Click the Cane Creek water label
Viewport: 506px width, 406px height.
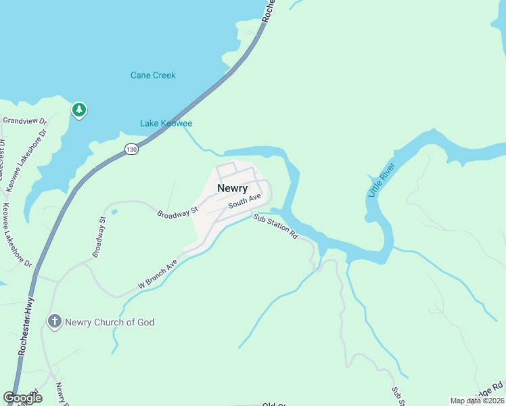[x=153, y=75]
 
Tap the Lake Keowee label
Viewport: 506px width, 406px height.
[x=166, y=123]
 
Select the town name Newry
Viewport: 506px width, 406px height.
[x=232, y=188]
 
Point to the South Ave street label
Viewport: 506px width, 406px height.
[x=244, y=200]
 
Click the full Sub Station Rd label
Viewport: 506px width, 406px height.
[x=275, y=227]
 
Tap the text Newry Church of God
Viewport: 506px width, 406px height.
[x=110, y=322]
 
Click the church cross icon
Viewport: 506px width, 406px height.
[x=55, y=321]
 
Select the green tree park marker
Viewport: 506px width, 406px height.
[x=79, y=109]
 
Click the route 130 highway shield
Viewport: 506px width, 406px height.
[x=131, y=149]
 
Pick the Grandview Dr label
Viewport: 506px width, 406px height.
[x=25, y=120]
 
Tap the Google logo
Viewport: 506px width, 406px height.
[x=22, y=398]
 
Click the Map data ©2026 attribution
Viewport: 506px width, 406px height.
[x=476, y=401]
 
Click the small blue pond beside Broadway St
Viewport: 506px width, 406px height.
[x=114, y=212]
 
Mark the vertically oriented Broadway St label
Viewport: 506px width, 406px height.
[x=99, y=237]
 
